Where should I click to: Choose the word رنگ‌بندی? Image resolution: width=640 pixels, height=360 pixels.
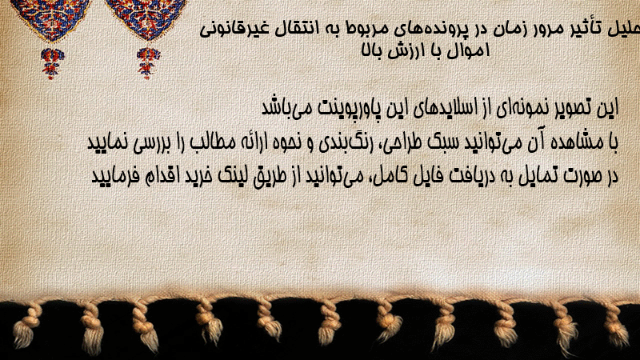click(341, 143)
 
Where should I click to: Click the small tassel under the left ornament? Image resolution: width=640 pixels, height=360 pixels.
click(52, 63)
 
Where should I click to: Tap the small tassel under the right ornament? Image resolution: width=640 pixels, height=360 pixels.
click(148, 63)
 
